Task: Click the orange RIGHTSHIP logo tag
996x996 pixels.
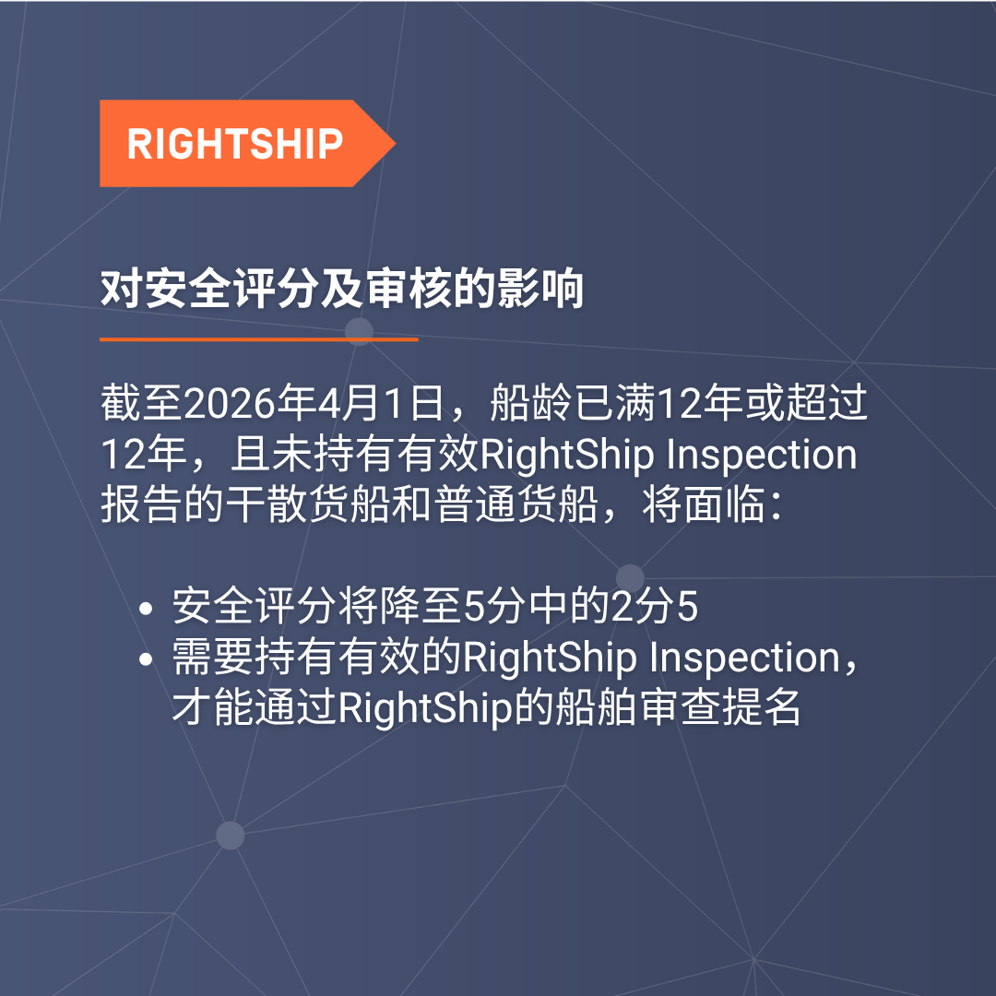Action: pos(247,144)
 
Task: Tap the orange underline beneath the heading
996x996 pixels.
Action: pos(258,339)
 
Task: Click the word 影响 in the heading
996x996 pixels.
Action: pos(540,290)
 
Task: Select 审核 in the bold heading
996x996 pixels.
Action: pos(409,290)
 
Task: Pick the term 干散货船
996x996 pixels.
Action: pos(307,505)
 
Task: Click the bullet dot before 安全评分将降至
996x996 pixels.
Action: pos(146,609)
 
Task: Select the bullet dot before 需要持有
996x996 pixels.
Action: pos(146,659)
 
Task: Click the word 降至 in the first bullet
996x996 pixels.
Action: pos(421,607)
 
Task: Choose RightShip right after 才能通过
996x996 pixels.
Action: pos(425,708)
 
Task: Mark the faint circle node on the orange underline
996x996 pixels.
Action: pos(359,332)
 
